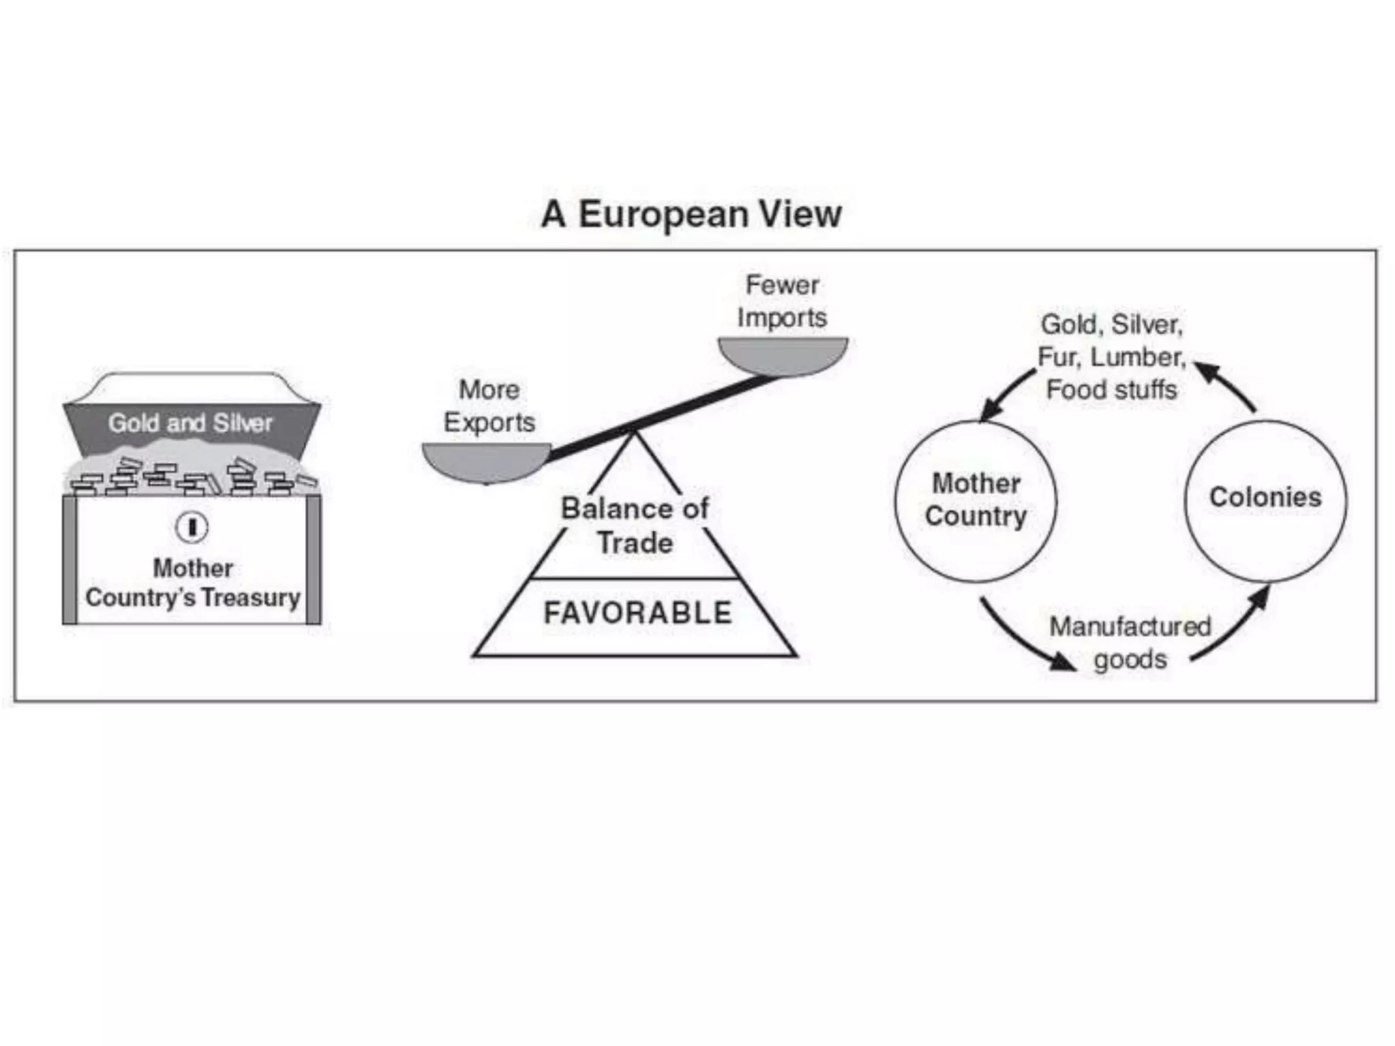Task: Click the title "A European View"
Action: point(691,214)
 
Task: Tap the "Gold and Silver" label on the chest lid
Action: point(190,424)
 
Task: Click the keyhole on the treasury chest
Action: point(192,527)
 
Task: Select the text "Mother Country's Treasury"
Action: point(193,583)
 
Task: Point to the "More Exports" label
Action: point(489,406)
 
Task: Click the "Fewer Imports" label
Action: point(782,301)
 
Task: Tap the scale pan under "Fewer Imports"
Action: point(783,354)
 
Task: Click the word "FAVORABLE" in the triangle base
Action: point(638,613)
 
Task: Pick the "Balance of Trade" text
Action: point(635,526)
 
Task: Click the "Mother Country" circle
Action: point(975,501)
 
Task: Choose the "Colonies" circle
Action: point(1266,501)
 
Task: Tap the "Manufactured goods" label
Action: point(1130,643)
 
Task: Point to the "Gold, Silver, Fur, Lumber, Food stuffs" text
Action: point(1112,357)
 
